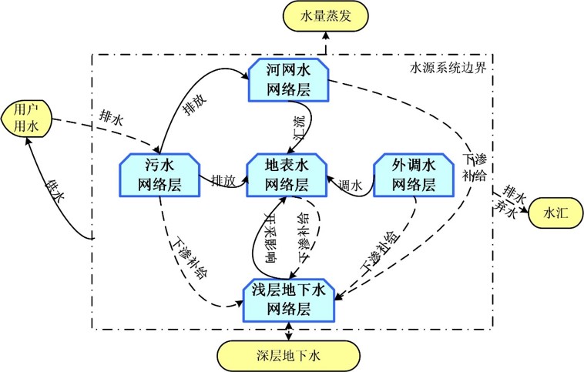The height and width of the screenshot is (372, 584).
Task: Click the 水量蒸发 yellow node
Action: pos(326,16)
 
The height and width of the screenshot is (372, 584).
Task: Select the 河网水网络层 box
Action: pos(289,79)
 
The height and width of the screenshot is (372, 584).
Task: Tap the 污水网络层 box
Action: pos(159,175)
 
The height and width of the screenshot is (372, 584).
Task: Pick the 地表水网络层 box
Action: pos(287,175)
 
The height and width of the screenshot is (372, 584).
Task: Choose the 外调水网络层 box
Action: pos(414,175)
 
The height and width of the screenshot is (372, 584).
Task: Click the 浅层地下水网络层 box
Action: pos(289,300)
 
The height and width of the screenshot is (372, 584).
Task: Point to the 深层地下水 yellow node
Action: pos(289,356)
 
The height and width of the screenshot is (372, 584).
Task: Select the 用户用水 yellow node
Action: pos(26,119)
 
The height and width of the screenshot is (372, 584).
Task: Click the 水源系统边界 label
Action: pos(448,68)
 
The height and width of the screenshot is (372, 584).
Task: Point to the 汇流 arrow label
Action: pos(300,127)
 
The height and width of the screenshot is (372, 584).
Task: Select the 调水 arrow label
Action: pos(351,185)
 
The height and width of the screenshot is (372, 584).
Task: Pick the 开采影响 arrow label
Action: pos(270,237)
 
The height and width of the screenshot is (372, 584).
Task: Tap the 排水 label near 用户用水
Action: pos(111,118)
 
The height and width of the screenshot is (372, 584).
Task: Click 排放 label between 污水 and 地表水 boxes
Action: pos(223,180)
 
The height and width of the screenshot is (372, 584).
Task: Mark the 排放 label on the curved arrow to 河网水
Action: pos(194,104)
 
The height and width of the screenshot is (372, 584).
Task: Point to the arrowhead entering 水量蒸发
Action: pos(326,35)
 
